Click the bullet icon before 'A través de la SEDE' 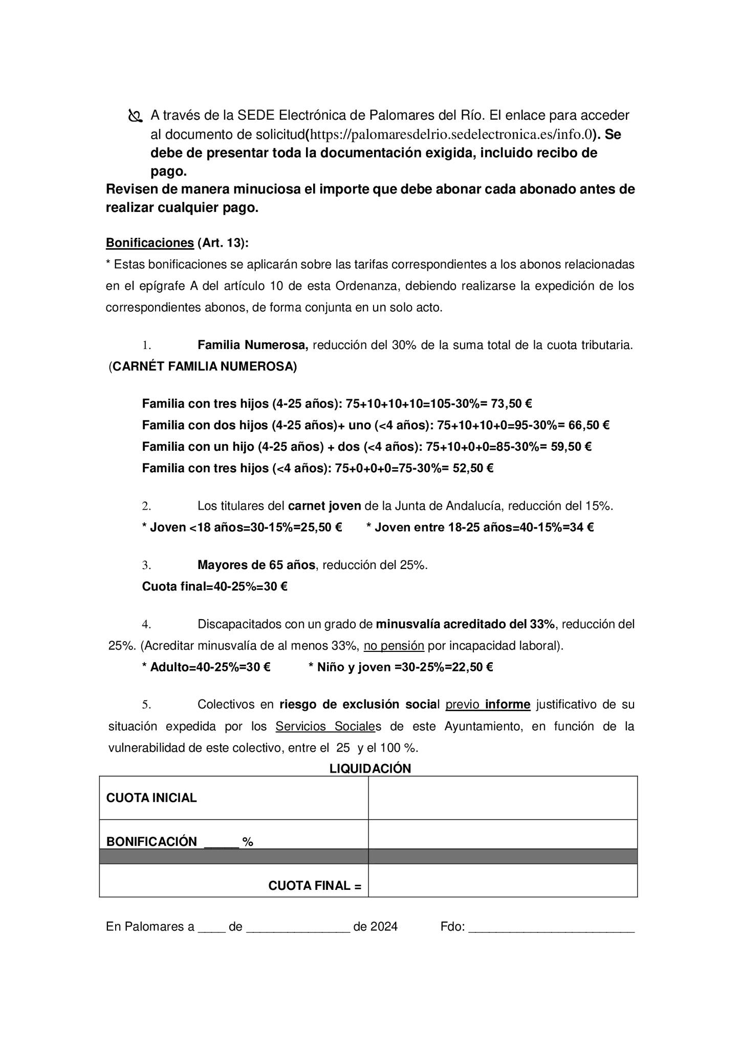tap(135, 116)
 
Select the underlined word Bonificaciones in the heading tap(149, 243)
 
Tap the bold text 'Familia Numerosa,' tap(253, 345)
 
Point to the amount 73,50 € tap(511, 404)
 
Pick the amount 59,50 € tap(571, 447)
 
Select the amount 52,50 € tap(473, 468)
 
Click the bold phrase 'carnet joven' tap(324, 506)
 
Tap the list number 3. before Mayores tap(146, 565)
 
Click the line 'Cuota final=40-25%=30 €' tap(214, 586)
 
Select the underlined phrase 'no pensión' tap(394, 646)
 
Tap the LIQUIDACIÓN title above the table tap(370, 769)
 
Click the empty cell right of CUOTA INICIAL tap(503, 798)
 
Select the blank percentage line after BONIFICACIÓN tap(221, 843)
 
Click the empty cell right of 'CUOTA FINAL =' tap(503, 886)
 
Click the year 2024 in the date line tap(384, 927)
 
